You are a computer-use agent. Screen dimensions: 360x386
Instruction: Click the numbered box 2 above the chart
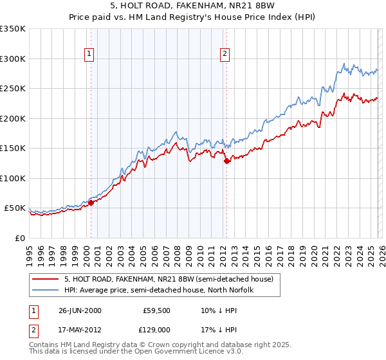(x=225, y=54)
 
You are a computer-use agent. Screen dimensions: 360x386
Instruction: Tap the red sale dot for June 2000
(x=91, y=203)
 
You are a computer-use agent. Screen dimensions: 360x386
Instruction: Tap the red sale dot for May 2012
(x=226, y=161)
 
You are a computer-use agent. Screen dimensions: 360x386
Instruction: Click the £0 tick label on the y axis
(x=20, y=238)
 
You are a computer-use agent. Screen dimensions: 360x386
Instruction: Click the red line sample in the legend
(x=46, y=279)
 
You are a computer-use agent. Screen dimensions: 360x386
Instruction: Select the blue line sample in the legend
(x=46, y=290)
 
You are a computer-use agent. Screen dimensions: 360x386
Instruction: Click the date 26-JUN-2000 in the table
(x=78, y=310)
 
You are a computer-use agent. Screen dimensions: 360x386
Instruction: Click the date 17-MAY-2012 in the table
(x=78, y=332)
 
